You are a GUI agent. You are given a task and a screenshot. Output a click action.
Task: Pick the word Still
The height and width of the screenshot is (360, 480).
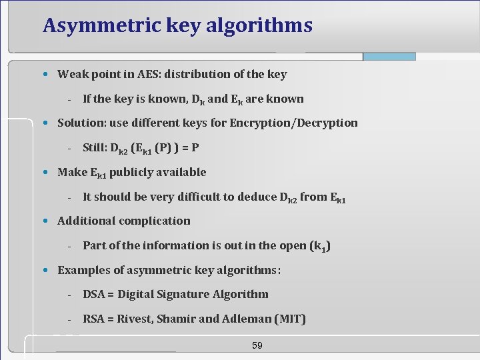pyautogui.click(x=97, y=147)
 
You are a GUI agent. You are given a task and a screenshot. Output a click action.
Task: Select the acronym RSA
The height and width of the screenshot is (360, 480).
pyautogui.click(x=95, y=319)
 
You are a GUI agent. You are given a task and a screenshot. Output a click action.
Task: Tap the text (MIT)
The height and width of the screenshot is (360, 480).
pyautogui.click(x=290, y=319)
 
